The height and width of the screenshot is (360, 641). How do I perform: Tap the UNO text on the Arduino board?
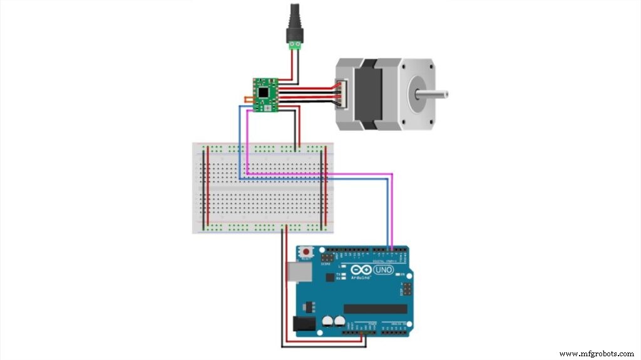coord(383,270)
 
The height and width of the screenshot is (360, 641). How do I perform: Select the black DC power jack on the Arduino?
coord(304,324)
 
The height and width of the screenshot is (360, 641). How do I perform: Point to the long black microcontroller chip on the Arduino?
coord(375,309)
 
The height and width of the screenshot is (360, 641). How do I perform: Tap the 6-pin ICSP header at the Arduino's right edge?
coord(407,289)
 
